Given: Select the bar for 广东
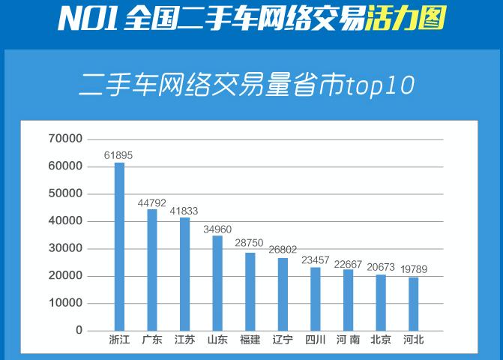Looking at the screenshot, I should point(152,270).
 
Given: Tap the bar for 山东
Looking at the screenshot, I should point(217,283).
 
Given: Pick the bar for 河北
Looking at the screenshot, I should point(414,304).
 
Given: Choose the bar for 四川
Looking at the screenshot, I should point(316,298).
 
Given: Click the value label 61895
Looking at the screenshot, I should point(118,155).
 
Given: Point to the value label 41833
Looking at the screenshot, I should point(185,211).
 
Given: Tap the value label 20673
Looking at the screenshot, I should point(381,267).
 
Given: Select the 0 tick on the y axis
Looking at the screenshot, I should point(78,331).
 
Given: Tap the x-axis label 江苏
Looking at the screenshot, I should point(184,340).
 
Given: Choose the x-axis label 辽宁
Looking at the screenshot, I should point(283,340).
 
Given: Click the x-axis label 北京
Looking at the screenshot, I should point(381,340).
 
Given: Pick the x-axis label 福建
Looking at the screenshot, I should point(250,340).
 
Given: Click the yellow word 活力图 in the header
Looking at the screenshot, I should point(403,18).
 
